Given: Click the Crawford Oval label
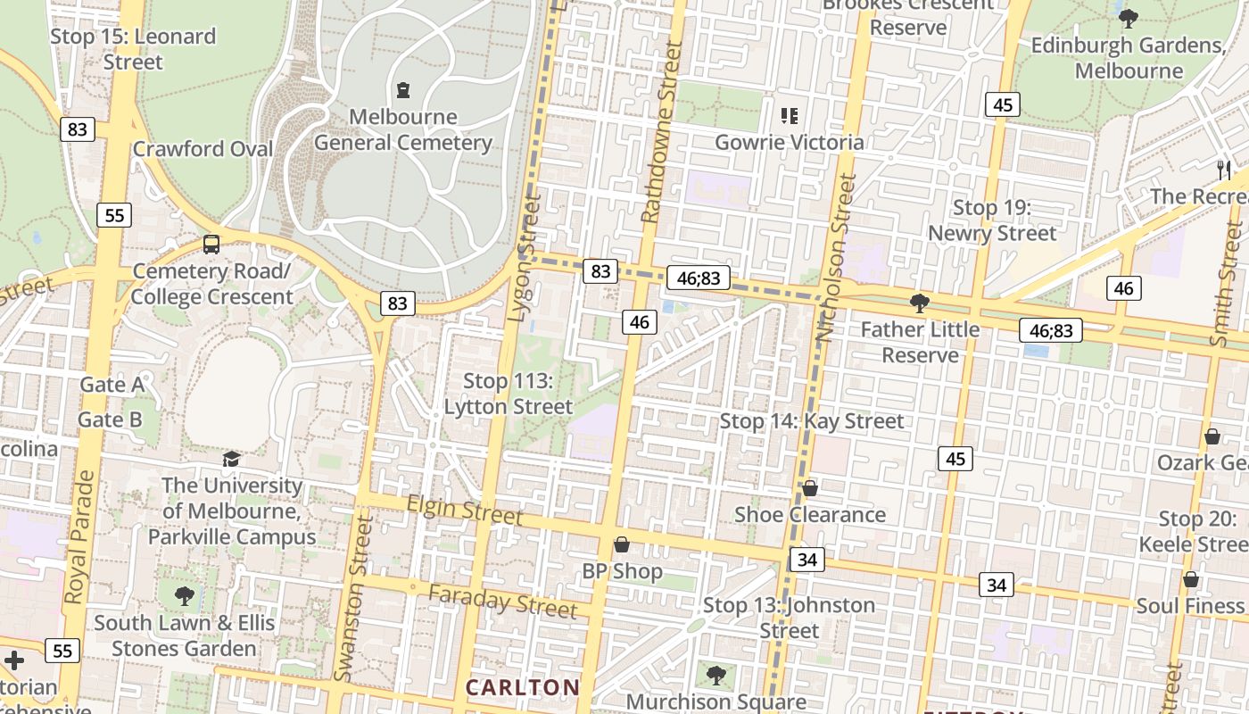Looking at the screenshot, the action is (203, 149).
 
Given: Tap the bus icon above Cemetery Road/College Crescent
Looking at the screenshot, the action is (211, 244).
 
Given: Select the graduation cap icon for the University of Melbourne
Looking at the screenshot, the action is (231, 459).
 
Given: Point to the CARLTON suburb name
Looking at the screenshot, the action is (523, 687).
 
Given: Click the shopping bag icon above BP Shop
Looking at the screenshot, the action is (622, 544).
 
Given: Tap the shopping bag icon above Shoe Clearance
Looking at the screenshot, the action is (809, 488).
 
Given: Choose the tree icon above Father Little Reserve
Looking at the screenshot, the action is (919, 303).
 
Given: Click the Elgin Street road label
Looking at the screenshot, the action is (464, 511).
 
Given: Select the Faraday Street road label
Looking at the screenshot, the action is (502, 602).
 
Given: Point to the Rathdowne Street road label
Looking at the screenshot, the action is (661, 132).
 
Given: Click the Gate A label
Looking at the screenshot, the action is (112, 385).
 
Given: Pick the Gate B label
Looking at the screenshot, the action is (110, 419).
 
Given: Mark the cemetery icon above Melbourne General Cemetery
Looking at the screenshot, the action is (403, 90).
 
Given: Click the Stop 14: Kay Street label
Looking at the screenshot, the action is (812, 421).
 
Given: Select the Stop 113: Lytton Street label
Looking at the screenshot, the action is (509, 394).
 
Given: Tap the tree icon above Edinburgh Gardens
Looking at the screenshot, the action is (1128, 18).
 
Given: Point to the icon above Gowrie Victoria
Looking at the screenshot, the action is (789, 115).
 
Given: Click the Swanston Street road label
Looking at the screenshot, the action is (351, 597).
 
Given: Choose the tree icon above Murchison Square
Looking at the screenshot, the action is (715, 675).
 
